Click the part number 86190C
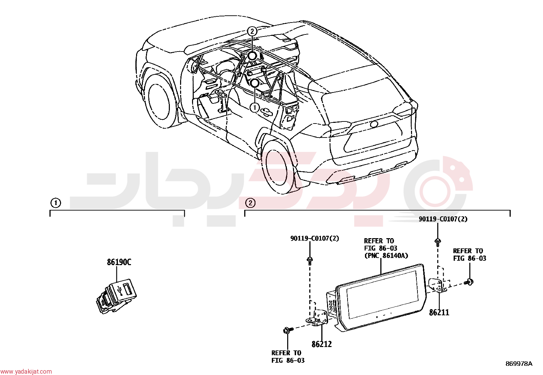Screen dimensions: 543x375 [x=119, y=262]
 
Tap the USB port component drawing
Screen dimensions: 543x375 [x=116, y=296]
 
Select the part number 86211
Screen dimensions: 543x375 [x=439, y=313]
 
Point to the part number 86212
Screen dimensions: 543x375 [x=321, y=344]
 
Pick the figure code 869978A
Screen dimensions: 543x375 [x=519, y=364]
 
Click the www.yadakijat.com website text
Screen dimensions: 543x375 [x=26, y=372]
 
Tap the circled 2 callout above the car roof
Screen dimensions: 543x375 [x=252, y=31]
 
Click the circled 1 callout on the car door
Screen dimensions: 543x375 [x=254, y=107]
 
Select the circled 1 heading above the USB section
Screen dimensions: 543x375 [x=56, y=203]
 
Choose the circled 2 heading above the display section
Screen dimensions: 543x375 [x=250, y=203]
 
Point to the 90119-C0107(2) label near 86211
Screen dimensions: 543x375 [x=443, y=219]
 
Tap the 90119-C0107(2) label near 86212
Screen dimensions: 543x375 [x=315, y=239]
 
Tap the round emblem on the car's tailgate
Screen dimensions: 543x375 [x=374, y=124]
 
